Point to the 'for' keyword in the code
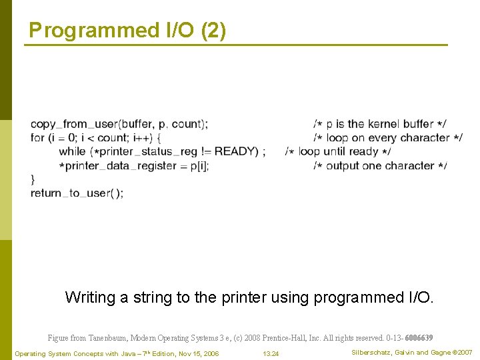37,138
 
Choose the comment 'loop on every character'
387,138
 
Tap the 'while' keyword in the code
72,151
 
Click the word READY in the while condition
236,151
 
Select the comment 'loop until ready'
338,151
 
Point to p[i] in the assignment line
199,165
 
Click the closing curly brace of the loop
33,179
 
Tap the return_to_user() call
77,193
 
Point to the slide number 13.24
271,353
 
